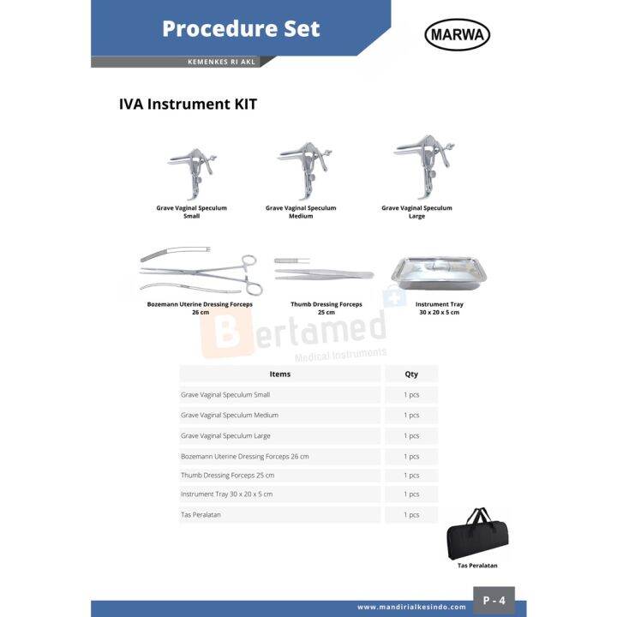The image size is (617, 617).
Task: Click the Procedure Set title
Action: point(241,28)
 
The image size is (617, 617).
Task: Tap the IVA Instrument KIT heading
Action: point(188,105)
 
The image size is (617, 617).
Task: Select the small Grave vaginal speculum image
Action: point(191,171)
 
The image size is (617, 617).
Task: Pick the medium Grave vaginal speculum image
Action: point(300,169)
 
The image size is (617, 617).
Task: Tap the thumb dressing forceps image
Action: point(324,273)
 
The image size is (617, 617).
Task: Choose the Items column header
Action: point(279,374)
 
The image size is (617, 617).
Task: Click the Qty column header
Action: point(411,374)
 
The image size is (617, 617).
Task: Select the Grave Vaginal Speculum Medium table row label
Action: point(230,415)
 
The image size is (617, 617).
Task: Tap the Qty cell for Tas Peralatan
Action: point(411,515)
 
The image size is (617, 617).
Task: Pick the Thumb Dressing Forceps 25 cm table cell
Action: point(228,475)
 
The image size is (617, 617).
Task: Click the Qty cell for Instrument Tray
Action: point(411,494)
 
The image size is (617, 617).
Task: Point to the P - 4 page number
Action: point(494,601)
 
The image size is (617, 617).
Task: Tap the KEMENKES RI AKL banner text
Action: point(221,62)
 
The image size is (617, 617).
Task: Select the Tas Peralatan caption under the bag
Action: point(477,566)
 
